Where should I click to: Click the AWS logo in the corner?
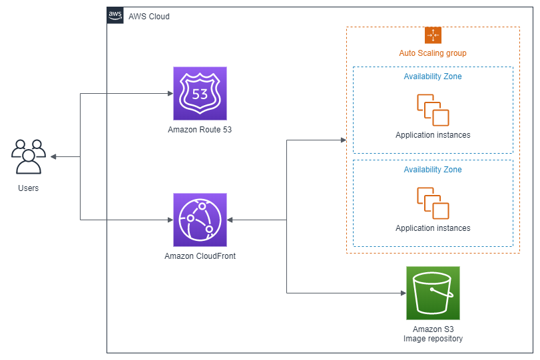pyautogui.click(x=115, y=15)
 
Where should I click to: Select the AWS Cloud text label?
pyautogui.click(x=149, y=17)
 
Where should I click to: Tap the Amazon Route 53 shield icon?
pyautogui.click(x=200, y=94)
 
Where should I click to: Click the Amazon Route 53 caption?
pyautogui.click(x=200, y=130)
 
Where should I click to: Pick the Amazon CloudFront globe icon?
pyautogui.click(x=200, y=220)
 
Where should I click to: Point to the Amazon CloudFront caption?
pyautogui.click(x=200, y=256)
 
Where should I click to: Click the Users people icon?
pyautogui.click(x=29, y=156)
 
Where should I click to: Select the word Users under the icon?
pyautogui.click(x=28, y=188)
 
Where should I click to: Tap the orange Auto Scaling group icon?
pyautogui.click(x=433, y=35)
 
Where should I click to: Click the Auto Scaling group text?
pyautogui.click(x=433, y=53)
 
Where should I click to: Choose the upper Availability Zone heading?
pyautogui.click(x=433, y=77)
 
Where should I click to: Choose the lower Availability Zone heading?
pyautogui.click(x=433, y=170)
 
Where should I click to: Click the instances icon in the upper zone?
pyautogui.click(x=433, y=110)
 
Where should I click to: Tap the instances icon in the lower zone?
pyautogui.click(x=433, y=204)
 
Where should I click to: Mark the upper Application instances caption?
pyautogui.click(x=433, y=135)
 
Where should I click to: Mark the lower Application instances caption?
pyautogui.click(x=433, y=228)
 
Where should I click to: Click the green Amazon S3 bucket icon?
pyautogui.click(x=433, y=293)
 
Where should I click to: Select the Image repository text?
pyautogui.click(x=433, y=339)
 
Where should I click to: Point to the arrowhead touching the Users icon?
pyautogui.click(x=53, y=157)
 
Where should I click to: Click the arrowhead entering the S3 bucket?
pyautogui.click(x=404, y=293)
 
